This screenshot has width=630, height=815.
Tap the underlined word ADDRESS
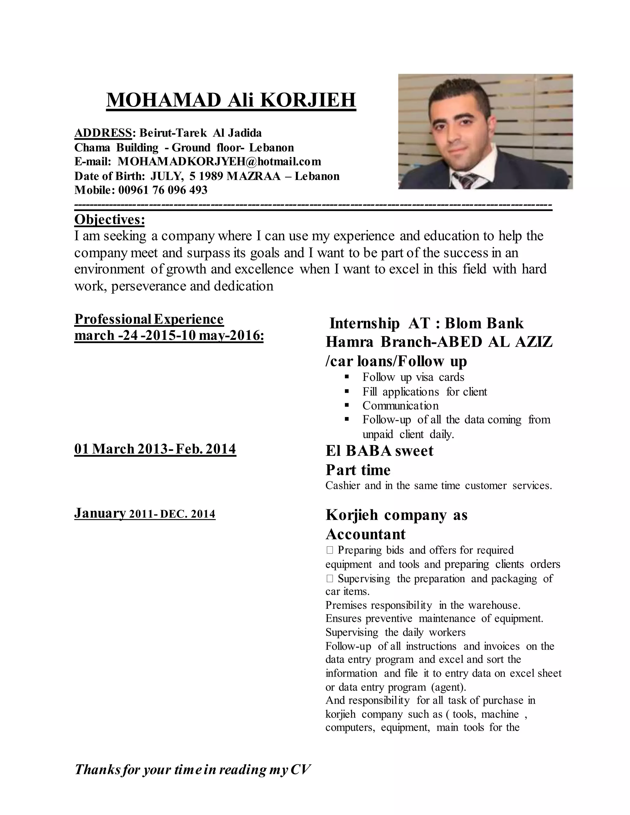click(103, 133)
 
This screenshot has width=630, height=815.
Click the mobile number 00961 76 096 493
click(163, 190)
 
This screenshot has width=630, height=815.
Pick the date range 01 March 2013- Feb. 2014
click(155, 448)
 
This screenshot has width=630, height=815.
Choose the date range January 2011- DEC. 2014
click(145, 514)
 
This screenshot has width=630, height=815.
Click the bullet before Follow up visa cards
click(347, 377)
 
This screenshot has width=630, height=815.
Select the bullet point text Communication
click(400, 406)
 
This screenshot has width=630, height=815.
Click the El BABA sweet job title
click(379, 451)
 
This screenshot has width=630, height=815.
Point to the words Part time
click(358, 470)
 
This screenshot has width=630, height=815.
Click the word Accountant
click(365, 534)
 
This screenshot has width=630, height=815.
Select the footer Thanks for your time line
click(193, 769)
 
